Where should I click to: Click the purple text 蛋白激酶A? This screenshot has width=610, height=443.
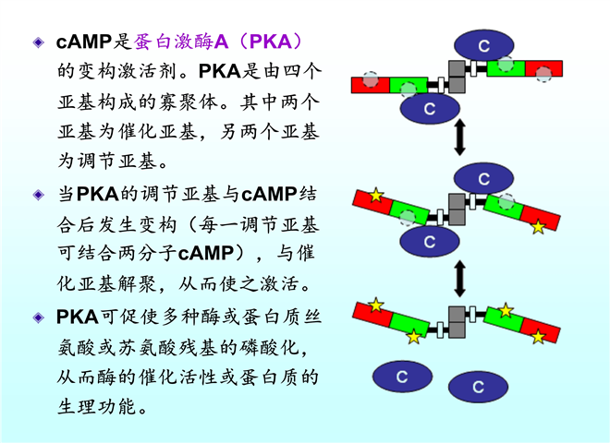pyautogui.click(x=181, y=42)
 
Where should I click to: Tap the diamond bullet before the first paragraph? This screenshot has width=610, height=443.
pyautogui.click(x=38, y=42)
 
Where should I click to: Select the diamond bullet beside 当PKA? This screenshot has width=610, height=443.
pyautogui.click(x=38, y=195)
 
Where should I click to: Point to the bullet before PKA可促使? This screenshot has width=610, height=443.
pyautogui.click(x=38, y=317)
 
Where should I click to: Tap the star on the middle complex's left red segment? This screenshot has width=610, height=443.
pyautogui.click(x=375, y=196)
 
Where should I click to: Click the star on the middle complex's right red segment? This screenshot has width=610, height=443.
pyautogui.click(x=538, y=226)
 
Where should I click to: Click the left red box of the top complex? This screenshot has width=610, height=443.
pyautogui.click(x=371, y=85)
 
